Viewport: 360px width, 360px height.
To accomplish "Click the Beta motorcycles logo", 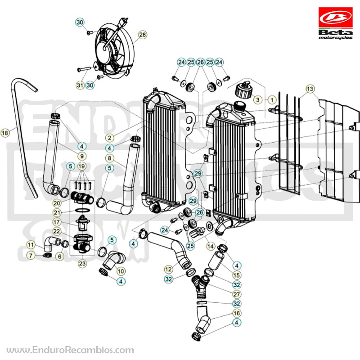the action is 335,23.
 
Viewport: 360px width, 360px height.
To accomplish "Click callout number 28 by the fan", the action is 142,35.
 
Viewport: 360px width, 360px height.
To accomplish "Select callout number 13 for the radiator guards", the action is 310,89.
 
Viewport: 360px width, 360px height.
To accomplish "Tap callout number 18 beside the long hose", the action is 5,133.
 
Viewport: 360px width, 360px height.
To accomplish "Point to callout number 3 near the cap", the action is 257,99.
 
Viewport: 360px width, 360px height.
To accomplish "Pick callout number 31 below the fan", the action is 80,85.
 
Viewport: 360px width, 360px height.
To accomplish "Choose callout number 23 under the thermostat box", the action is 82,264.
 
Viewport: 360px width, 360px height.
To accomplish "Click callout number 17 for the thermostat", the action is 57,222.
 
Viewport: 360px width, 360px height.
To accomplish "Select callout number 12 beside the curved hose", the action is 168,269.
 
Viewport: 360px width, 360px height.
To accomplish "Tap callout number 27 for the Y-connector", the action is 237,294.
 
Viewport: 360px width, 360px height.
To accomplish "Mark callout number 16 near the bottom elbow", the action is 237,313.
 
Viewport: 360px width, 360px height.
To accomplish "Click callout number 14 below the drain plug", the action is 210,246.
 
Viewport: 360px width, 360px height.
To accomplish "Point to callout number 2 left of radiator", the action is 109,138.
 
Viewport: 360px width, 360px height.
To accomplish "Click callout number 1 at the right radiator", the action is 272,100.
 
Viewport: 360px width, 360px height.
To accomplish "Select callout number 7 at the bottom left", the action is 31,255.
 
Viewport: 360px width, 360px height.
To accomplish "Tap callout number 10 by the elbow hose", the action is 121,271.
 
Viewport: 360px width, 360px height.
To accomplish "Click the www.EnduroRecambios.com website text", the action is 70,351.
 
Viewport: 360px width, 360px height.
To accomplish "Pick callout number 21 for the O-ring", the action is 57,212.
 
